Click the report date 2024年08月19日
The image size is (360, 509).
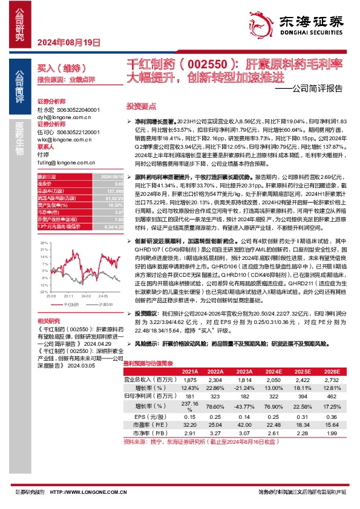coord(68,42)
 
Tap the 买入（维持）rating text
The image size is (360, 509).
coord(55,70)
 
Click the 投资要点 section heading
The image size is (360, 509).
coord(137,105)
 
